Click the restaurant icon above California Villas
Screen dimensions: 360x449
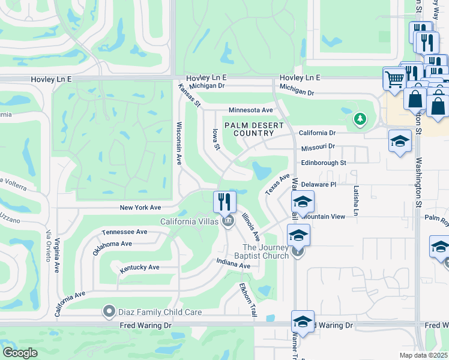(224, 201)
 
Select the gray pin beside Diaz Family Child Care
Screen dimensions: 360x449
(109, 311)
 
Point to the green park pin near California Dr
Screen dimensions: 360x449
(360, 119)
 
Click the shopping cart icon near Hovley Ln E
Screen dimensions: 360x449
(394, 78)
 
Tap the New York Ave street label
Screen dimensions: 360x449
(140, 208)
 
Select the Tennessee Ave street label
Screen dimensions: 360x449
(124, 232)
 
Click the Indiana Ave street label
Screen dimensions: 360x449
(234, 265)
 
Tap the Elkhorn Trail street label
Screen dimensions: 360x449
(248, 301)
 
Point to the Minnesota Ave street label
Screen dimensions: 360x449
(250, 110)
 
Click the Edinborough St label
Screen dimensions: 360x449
(324, 163)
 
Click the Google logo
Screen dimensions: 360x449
(20, 353)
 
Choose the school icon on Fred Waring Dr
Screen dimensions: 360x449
(303, 322)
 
